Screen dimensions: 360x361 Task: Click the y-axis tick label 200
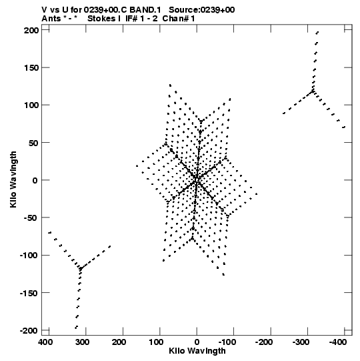click(31, 30)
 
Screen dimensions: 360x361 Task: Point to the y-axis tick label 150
click(31, 67)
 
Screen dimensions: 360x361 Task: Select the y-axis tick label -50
click(31, 218)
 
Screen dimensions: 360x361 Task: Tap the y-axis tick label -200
click(29, 330)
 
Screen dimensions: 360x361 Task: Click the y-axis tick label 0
click(35, 180)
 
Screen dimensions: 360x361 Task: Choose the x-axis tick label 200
click(119, 342)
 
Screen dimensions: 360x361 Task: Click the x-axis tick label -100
click(227, 342)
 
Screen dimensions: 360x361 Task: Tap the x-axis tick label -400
click(338, 342)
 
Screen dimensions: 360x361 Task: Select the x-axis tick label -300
click(301, 342)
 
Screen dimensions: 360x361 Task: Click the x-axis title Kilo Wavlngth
click(197, 351)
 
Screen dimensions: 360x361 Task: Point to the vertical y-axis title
click(13, 179)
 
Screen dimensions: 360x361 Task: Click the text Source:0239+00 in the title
click(202, 10)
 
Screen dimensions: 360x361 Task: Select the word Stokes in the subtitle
click(101, 19)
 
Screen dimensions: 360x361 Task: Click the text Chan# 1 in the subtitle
click(179, 19)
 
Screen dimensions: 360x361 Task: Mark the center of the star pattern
click(197, 179)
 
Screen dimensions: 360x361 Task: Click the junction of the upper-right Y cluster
click(313, 91)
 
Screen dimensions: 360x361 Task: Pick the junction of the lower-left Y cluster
click(81, 268)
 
